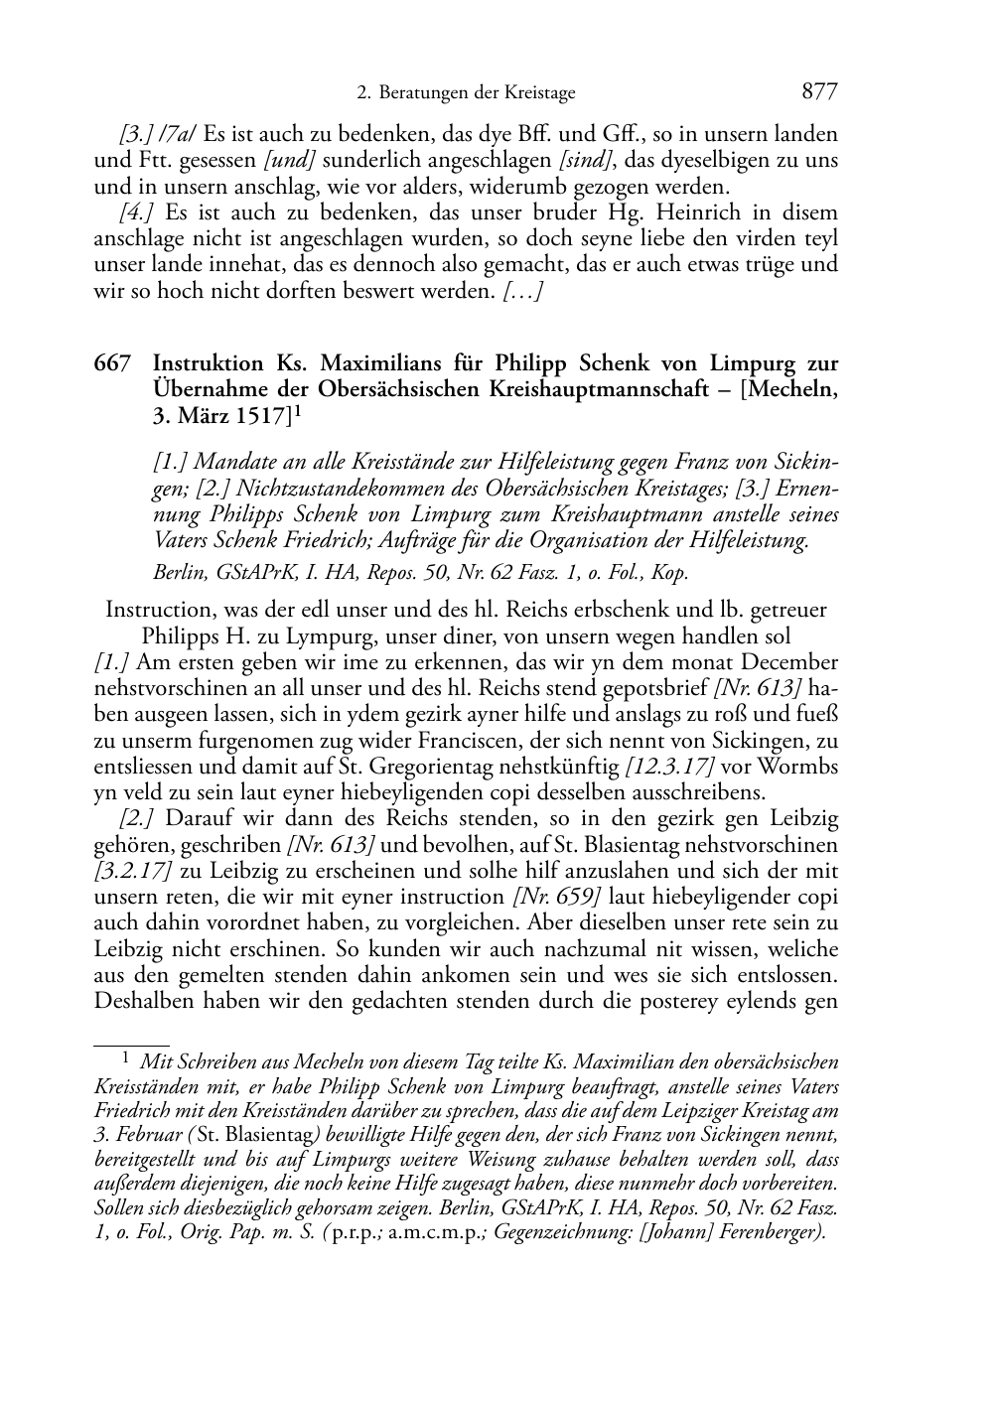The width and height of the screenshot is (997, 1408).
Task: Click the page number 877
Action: pyautogui.click(x=819, y=92)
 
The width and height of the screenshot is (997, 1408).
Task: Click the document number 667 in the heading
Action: pyautogui.click(x=112, y=363)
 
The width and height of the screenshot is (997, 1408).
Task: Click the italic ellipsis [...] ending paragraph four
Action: pyautogui.click(x=521, y=291)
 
